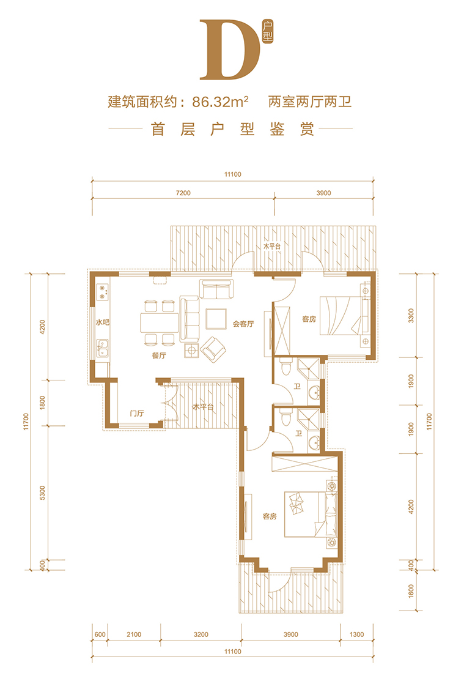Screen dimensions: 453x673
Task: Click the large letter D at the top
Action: (x=229, y=50)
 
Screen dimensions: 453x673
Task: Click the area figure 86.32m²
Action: (x=221, y=102)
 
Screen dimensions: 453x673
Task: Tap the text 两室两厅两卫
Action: (x=310, y=102)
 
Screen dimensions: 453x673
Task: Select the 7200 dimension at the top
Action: (x=183, y=193)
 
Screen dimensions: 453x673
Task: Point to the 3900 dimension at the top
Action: (x=324, y=193)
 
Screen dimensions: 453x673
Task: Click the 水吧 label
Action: (x=103, y=322)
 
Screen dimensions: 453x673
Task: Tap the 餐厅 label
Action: (x=159, y=355)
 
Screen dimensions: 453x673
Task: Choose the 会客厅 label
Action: (x=243, y=324)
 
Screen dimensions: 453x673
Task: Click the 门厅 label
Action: (x=137, y=414)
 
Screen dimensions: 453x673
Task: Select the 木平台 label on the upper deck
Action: (x=272, y=247)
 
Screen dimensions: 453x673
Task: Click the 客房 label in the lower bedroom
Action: (x=270, y=516)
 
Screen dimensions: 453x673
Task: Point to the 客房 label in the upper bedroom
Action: (x=309, y=319)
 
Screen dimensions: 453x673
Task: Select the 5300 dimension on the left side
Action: (x=42, y=493)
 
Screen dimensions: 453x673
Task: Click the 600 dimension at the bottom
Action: (x=100, y=634)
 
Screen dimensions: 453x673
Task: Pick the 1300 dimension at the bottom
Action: (x=356, y=634)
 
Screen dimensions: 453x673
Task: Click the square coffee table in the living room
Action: (x=216, y=319)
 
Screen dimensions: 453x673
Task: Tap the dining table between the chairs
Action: (x=159, y=323)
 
